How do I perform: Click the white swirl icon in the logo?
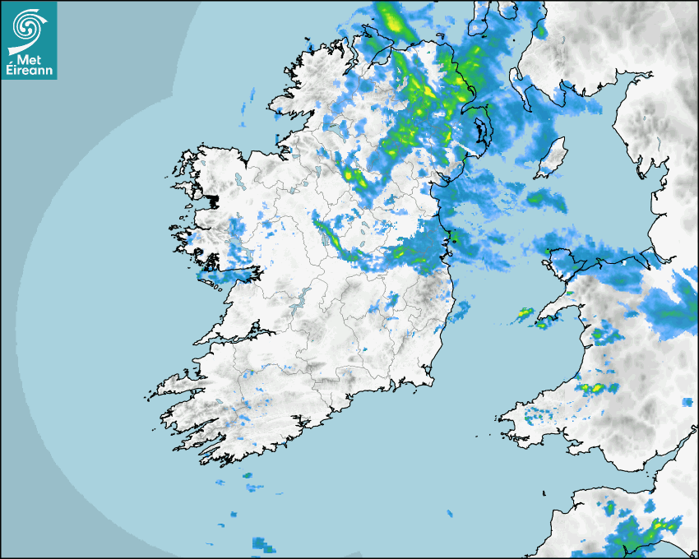tap(28, 28)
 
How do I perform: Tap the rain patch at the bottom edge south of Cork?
tap(263, 543)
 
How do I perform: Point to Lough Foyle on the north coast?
tap(387, 45)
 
